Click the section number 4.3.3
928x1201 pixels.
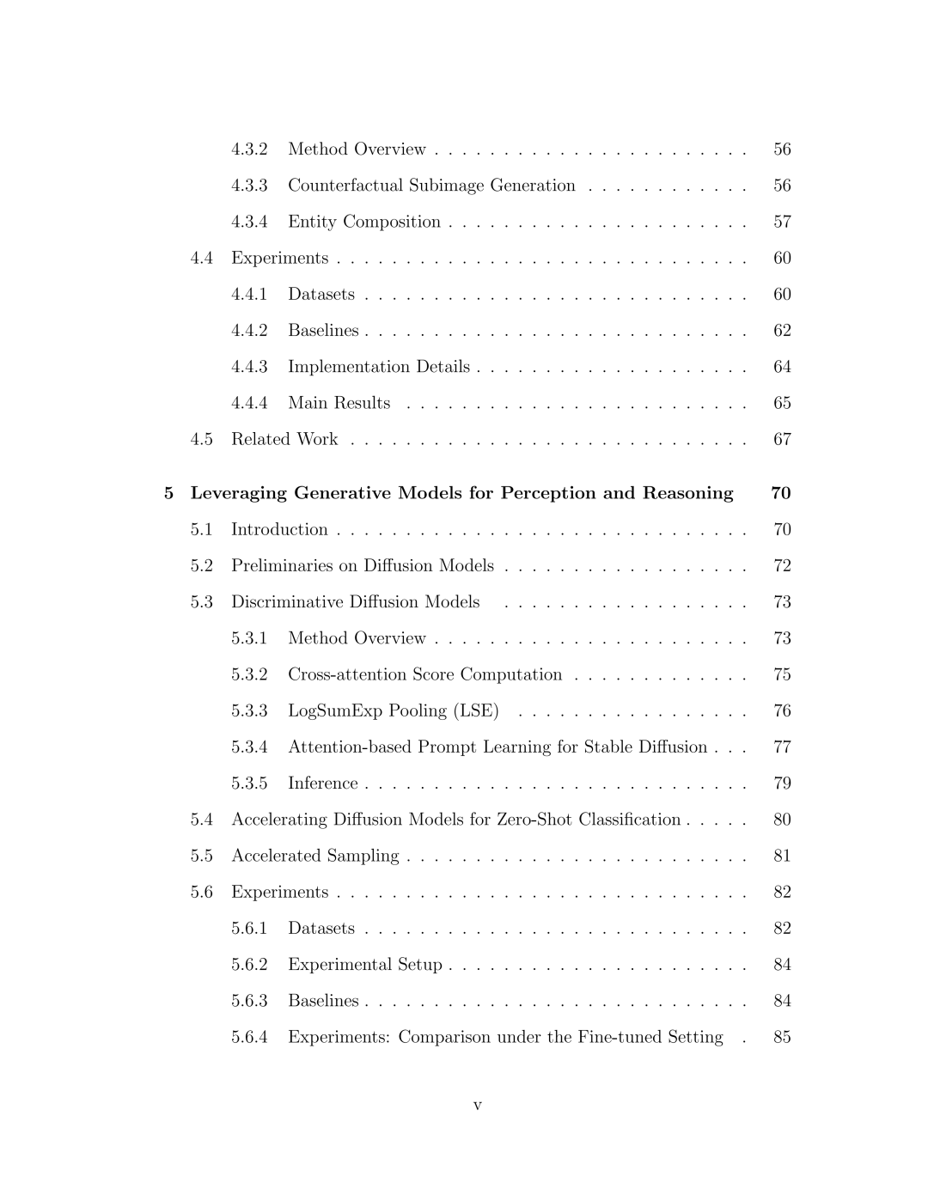[249, 186]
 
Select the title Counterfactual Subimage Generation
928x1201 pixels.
[431, 186]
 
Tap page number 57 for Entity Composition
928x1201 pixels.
[782, 222]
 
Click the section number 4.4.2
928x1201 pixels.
[249, 331]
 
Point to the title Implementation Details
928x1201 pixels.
[379, 367]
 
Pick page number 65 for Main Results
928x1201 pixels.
[782, 403]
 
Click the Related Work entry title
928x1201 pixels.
[284, 439]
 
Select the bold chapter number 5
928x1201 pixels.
[168, 493]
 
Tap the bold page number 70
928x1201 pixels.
[781, 493]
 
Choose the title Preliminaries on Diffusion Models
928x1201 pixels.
[363, 565]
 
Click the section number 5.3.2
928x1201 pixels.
[249, 674]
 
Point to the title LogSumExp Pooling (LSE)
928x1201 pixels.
[394, 710]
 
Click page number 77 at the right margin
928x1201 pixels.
[782, 747]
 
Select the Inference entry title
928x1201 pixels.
[323, 783]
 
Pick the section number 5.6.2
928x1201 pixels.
[249, 965]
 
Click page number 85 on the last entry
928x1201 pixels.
[782, 1037]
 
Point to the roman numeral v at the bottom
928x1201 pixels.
[478, 1106]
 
